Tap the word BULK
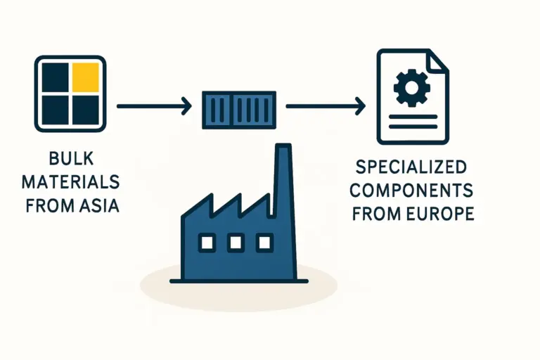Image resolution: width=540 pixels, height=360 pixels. tap(70, 158)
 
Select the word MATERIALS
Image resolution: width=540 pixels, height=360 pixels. tap(70, 181)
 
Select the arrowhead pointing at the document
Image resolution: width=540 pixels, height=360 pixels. tap(361, 107)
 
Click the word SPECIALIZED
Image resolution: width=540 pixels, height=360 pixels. tap(411, 168)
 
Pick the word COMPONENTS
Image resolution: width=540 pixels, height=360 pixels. tap(411, 191)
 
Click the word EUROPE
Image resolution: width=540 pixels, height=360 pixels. tap(439, 213)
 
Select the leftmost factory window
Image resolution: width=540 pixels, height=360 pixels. tap(207, 243)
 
